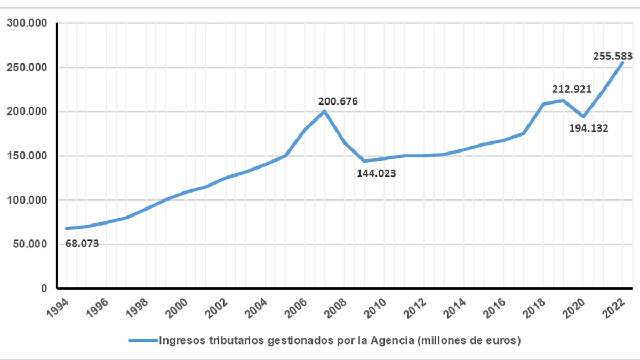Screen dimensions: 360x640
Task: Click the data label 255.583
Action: pos(612,55)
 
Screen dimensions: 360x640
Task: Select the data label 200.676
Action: pos(338,101)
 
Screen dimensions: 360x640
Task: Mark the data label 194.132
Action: pos(589,128)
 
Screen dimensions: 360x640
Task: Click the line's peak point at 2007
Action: pos(324,111)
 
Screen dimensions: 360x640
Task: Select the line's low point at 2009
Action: pos(364,161)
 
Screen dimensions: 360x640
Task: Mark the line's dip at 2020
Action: pos(583,117)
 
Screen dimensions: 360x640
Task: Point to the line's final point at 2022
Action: pos(622,63)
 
